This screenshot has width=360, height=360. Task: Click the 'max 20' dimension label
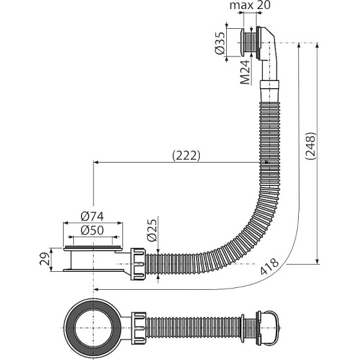[254, 6]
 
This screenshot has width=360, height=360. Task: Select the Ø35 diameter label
[220, 43]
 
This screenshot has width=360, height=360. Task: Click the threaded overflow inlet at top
[246, 43]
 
